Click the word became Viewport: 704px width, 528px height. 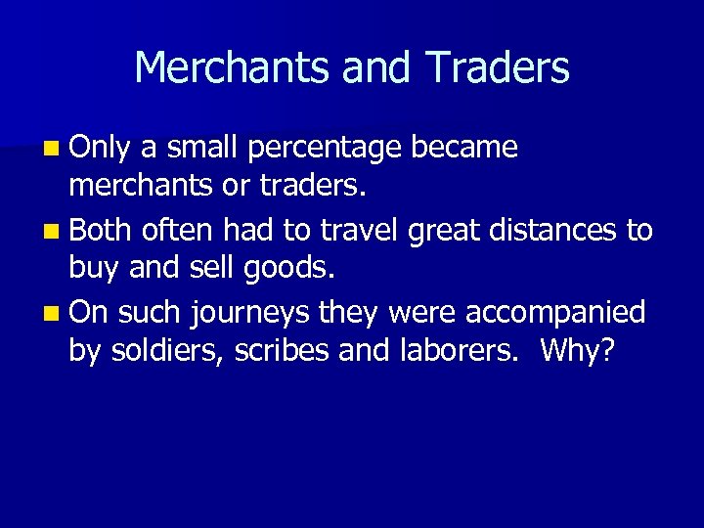[x=464, y=147]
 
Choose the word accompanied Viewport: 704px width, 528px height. [x=555, y=314]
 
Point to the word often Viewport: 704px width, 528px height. [x=178, y=230]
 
